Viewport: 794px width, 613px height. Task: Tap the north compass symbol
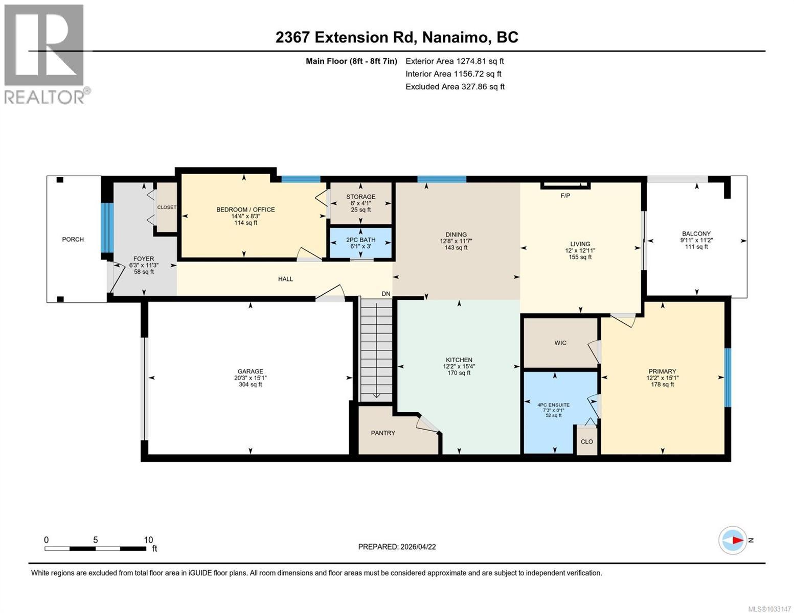(x=733, y=540)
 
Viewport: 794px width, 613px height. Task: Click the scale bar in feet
(x=95, y=549)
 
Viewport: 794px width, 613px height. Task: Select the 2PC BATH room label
(x=360, y=240)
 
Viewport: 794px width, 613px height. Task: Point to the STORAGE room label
(x=360, y=197)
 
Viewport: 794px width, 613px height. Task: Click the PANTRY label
(x=383, y=433)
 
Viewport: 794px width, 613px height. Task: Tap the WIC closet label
(x=560, y=343)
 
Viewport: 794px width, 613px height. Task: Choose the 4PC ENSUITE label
(x=553, y=405)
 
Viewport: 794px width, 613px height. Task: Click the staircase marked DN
(x=376, y=349)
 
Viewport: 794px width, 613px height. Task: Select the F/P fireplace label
(x=565, y=196)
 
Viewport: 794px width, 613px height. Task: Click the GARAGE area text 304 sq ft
(x=250, y=385)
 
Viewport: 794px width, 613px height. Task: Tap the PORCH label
(x=73, y=239)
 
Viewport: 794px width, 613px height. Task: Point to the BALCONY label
(x=696, y=233)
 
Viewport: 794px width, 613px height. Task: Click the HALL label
(x=285, y=279)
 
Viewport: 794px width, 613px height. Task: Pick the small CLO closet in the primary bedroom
(x=587, y=441)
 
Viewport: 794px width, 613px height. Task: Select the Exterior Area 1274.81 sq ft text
(x=455, y=61)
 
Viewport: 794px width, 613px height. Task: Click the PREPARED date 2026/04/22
(x=397, y=547)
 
